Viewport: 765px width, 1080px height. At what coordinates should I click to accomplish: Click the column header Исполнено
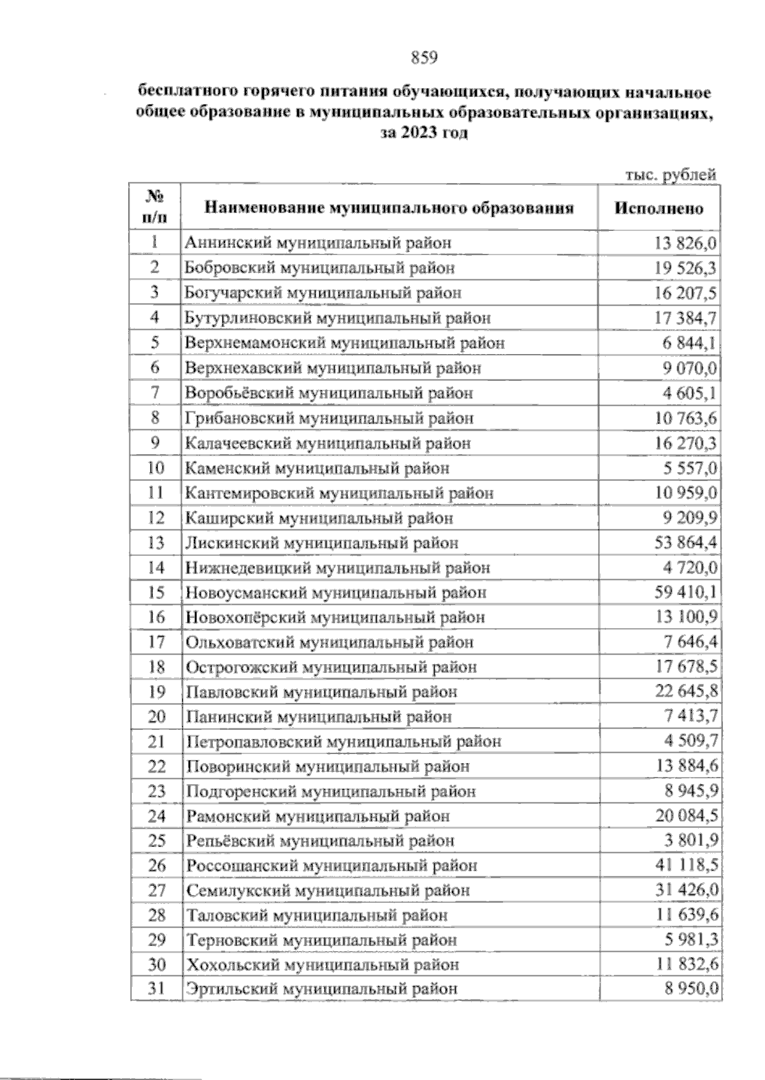point(659,209)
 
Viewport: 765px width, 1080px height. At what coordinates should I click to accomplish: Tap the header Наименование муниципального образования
point(388,208)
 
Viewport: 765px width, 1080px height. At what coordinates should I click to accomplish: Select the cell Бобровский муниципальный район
point(320,268)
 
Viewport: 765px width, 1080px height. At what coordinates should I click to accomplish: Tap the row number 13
point(156,543)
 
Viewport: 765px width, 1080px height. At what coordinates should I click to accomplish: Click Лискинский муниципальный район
point(321,543)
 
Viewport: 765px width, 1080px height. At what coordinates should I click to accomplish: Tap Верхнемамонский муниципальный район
point(345,343)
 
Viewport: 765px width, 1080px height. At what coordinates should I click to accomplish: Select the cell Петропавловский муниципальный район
point(344,742)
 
